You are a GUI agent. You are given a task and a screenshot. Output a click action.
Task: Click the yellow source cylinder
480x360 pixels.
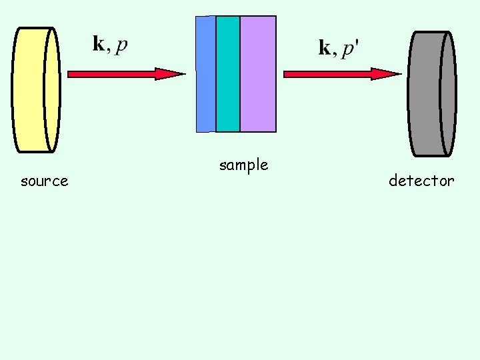[x=35, y=90]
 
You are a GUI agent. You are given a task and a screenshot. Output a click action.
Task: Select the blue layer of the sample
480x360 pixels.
[x=206, y=73]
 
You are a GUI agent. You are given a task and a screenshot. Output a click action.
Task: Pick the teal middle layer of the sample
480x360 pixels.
[x=228, y=73]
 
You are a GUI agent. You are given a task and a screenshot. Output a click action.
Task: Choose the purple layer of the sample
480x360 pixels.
[x=257, y=73]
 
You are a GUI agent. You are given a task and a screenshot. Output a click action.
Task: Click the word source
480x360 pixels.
[x=45, y=181]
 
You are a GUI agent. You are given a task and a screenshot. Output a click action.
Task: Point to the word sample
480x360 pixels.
[x=243, y=165]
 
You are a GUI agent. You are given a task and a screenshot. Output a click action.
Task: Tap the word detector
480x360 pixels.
[x=421, y=181]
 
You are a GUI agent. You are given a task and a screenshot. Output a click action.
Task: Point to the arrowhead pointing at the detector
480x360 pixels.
[x=387, y=74]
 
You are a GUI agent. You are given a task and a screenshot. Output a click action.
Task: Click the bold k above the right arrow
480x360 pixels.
[x=325, y=48]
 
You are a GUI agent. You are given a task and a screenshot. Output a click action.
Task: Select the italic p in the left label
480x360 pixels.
[x=122, y=47]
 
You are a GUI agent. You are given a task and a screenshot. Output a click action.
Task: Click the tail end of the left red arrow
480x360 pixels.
[x=71, y=74]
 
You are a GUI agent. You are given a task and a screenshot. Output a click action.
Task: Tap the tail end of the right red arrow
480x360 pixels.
[x=287, y=74]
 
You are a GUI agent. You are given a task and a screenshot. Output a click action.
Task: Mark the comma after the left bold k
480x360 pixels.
[x=108, y=50]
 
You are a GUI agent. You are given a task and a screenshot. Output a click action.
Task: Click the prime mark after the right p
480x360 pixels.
[x=358, y=43]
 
